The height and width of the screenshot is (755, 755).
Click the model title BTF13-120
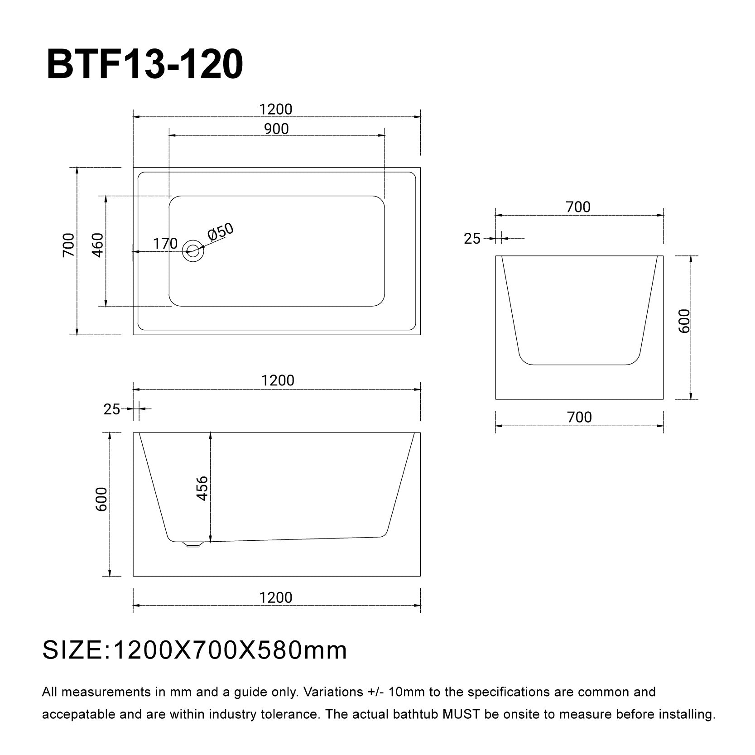(145, 65)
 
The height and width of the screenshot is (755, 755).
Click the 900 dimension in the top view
(276, 129)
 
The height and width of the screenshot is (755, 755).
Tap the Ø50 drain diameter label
(221, 232)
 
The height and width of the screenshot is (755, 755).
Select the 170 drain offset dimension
(165, 244)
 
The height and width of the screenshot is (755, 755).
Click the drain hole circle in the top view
(193, 250)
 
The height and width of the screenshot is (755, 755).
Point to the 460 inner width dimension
(98, 245)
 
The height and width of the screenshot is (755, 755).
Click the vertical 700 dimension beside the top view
(68, 245)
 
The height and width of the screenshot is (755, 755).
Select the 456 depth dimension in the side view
(202, 488)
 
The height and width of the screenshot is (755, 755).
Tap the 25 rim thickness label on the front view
(112, 409)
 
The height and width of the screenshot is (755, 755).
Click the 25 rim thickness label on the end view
(472, 239)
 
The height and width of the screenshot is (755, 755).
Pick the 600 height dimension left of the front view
(101, 500)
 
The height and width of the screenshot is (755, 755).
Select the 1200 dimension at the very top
(276, 109)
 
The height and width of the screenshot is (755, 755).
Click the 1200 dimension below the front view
(276, 597)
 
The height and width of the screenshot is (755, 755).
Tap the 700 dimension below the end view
(579, 417)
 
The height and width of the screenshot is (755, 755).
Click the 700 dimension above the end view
(578, 207)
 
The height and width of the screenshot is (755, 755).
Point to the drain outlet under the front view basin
(192, 544)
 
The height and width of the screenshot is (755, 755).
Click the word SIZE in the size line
(72, 651)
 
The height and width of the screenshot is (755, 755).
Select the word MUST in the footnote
(462, 715)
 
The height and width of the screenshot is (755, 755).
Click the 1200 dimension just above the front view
(278, 380)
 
